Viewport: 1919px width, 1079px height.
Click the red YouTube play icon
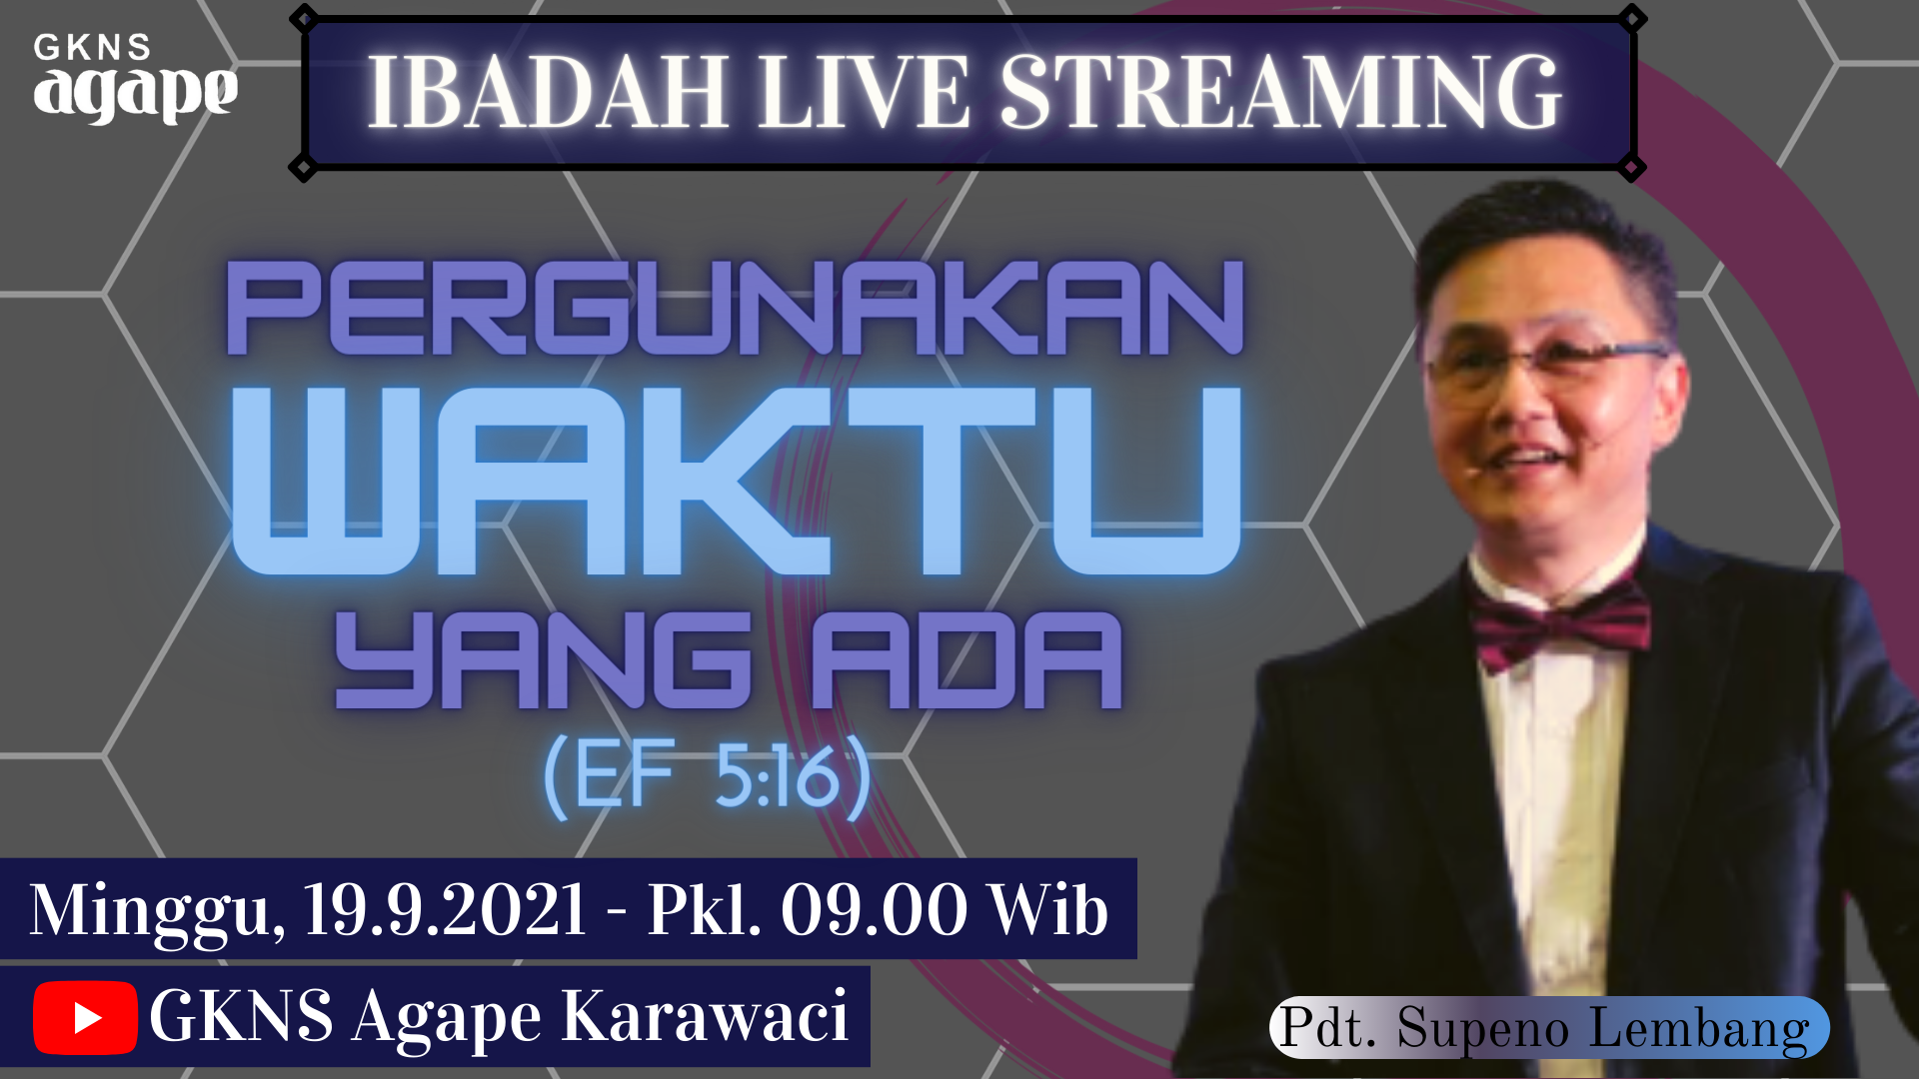coord(85,1017)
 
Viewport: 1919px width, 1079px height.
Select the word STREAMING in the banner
coord(1280,92)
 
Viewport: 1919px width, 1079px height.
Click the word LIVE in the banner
coord(864,93)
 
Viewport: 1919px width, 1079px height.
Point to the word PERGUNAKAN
coord(737,308)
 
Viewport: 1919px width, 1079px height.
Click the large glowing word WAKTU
coord(737,481)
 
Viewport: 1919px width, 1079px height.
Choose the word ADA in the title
coord(966,660)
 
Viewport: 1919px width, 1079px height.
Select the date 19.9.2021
coord(445,910)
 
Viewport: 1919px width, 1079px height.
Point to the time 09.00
coord(874,910)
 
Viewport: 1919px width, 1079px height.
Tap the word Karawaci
coord(705,1017)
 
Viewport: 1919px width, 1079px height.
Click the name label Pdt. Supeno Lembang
coord(1548,1027)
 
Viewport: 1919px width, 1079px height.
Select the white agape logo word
coord(136,93)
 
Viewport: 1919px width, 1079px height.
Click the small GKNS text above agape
coord(92,47)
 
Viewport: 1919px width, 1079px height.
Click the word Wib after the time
coord(1048,910)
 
